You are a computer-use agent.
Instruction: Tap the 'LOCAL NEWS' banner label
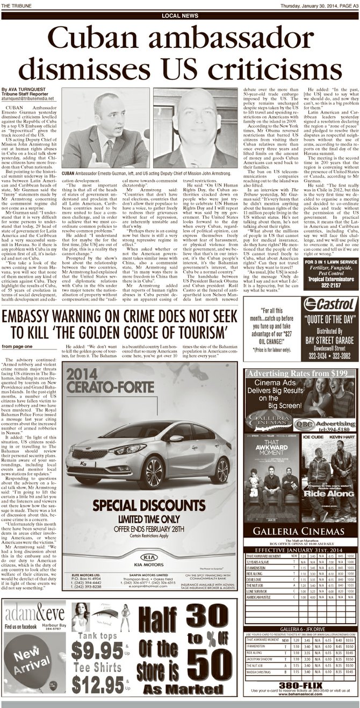tap(179, 16)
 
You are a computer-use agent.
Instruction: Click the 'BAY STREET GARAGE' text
tap(330, 340)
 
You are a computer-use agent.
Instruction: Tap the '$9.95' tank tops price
tap(97, 650)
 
